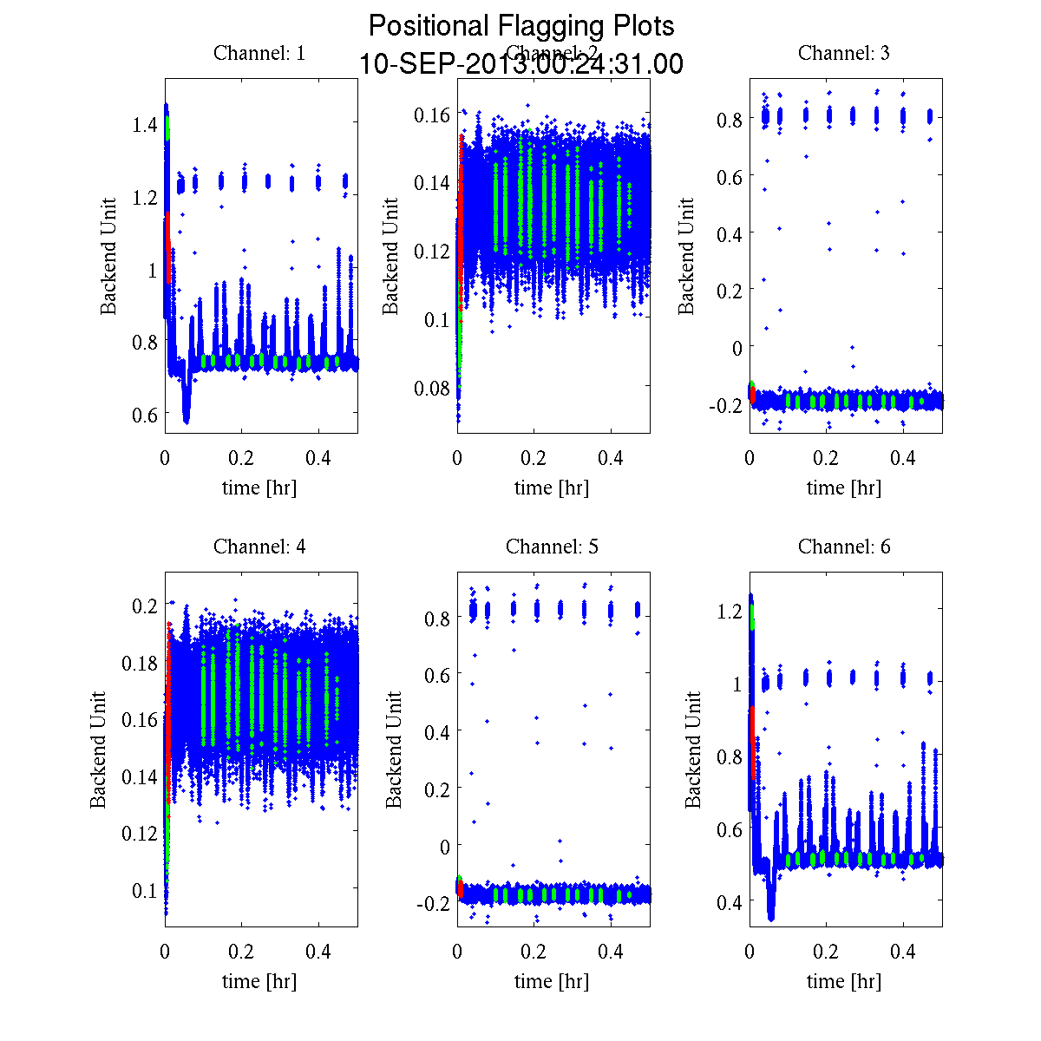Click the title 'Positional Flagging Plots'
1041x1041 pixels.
coord(521,26)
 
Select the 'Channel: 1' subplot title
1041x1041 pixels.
coord(259,53)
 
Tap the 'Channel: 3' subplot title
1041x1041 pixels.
coord(844,53)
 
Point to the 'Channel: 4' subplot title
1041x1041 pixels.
coord(259,547)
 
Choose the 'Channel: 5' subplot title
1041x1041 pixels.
coord(552,547)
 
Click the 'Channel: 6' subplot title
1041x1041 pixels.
coord(844,547)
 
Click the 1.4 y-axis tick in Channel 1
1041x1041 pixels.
coord(145,126)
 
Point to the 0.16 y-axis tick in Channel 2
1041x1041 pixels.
coord(431,115)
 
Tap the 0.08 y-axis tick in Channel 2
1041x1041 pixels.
coord(431,388)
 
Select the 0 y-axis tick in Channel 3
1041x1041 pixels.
coord(737,348)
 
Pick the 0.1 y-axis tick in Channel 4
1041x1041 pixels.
coord(145,890)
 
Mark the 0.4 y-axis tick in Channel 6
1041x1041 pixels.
coord(730,902)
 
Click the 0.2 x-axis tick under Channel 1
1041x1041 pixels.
coord(242,458)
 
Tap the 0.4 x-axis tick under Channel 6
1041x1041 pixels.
coord(903,952)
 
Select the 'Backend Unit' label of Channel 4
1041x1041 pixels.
coord(99,750)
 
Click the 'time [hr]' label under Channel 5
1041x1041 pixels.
coord(552,981)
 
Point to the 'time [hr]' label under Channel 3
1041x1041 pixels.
coord(844,488)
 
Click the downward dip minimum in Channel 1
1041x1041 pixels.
coord(187,421)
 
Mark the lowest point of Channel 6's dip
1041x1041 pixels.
coord(771,917)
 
